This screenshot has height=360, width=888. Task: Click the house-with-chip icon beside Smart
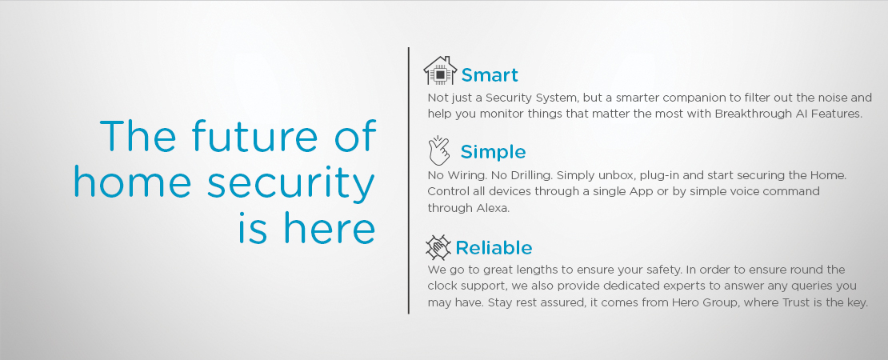[440, 70]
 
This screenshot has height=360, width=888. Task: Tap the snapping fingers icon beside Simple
[439, 150]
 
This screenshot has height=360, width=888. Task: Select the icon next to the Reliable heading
[438, 247]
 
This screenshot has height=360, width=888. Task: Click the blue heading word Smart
[490, 75]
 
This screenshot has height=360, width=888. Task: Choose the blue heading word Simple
[493, 152]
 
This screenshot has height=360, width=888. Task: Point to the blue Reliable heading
[494, 248]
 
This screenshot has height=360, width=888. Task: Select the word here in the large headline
[330, 227]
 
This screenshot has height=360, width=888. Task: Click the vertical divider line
[408, 180]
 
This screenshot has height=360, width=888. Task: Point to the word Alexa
[492, 208]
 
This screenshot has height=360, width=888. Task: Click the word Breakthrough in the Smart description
[747, 114]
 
